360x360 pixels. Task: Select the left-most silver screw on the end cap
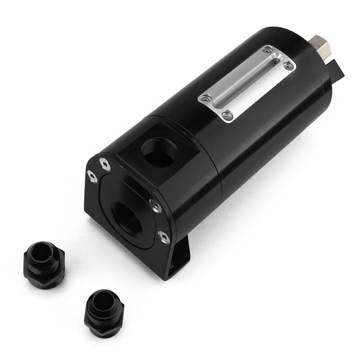(x=92, y=177)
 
